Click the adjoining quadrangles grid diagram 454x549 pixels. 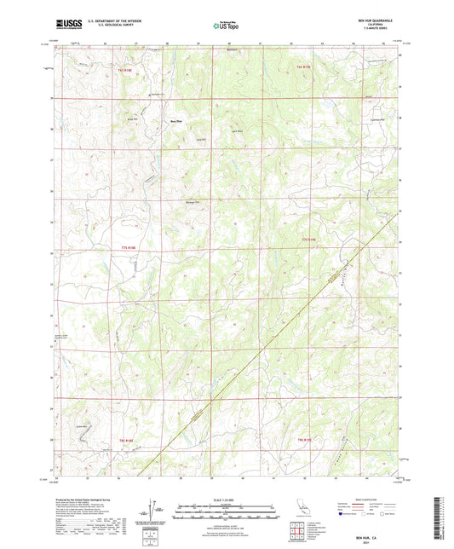(x=298, y=533)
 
